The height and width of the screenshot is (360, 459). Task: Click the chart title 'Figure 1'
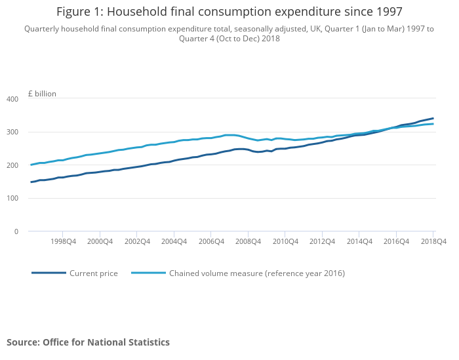pyautogui.click(x=229, y=12)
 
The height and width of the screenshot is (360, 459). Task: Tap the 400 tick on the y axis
pyautogui.click(x=12, y=99)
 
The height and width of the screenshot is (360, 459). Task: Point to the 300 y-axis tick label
pyautogui.click(x=12, y=132)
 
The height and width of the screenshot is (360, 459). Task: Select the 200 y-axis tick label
pyautogui.click(x=12, y=165)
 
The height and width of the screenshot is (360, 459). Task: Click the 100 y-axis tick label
pyautogui.click(x=12, y=199)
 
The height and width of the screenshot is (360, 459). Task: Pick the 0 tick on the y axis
pyautogui.click(x=16, y=231)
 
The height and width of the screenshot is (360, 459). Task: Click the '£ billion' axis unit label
pyautogui.click(x=42, y=94)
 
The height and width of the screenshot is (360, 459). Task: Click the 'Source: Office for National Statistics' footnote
pyautogui.click(x=88, y=342)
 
